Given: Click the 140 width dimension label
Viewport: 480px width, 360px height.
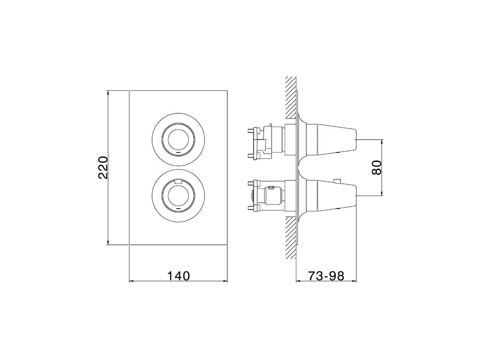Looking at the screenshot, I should (x=178, y=276).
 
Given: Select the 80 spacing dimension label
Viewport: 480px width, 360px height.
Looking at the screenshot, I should (x=376, y=167).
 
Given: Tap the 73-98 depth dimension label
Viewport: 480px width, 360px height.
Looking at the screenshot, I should (x=326, y=276).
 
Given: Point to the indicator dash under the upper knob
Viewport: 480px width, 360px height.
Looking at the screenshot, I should (x=178, y=153).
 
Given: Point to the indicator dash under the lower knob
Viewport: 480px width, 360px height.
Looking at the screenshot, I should (x=178, y=208).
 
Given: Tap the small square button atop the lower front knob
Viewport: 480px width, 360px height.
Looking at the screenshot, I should (x=178, y=181).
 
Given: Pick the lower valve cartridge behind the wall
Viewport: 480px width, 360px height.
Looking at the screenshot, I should (x=268, y=195).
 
